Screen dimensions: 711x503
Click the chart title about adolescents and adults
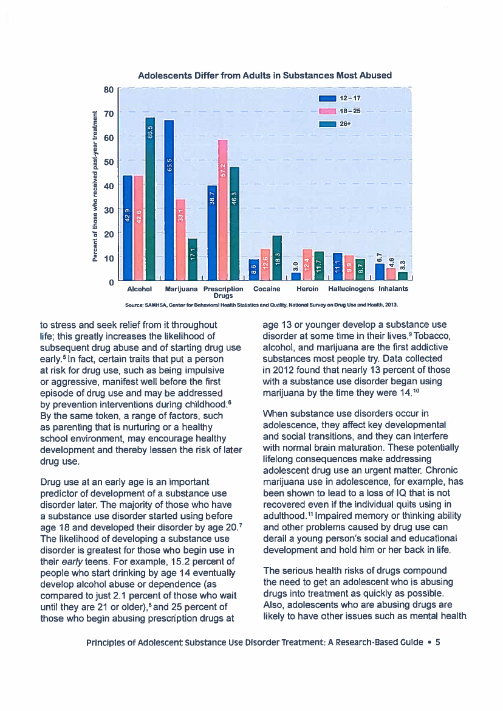click(x=265, y=75)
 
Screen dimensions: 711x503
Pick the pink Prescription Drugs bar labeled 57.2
click(x=223, y=209)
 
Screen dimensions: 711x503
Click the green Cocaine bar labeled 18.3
click(x=277, y=257)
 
